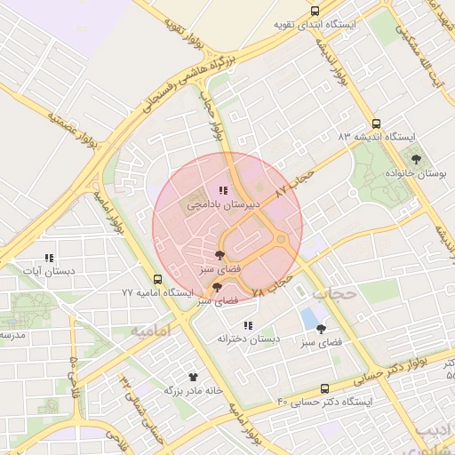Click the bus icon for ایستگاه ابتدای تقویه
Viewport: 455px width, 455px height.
pos(315,11)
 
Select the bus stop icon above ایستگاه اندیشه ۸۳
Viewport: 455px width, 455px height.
pos(377,124)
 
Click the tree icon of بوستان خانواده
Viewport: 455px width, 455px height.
pos(416,159)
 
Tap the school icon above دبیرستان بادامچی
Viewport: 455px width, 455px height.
pos(223,190)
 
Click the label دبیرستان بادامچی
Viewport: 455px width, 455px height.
pos(223,204)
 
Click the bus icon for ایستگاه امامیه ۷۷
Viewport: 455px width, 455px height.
pos(157,278)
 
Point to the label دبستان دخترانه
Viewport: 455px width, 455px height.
pos(249,339)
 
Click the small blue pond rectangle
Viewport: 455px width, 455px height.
pos(308,317)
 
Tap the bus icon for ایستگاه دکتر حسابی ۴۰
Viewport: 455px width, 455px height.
pos(324,388)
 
